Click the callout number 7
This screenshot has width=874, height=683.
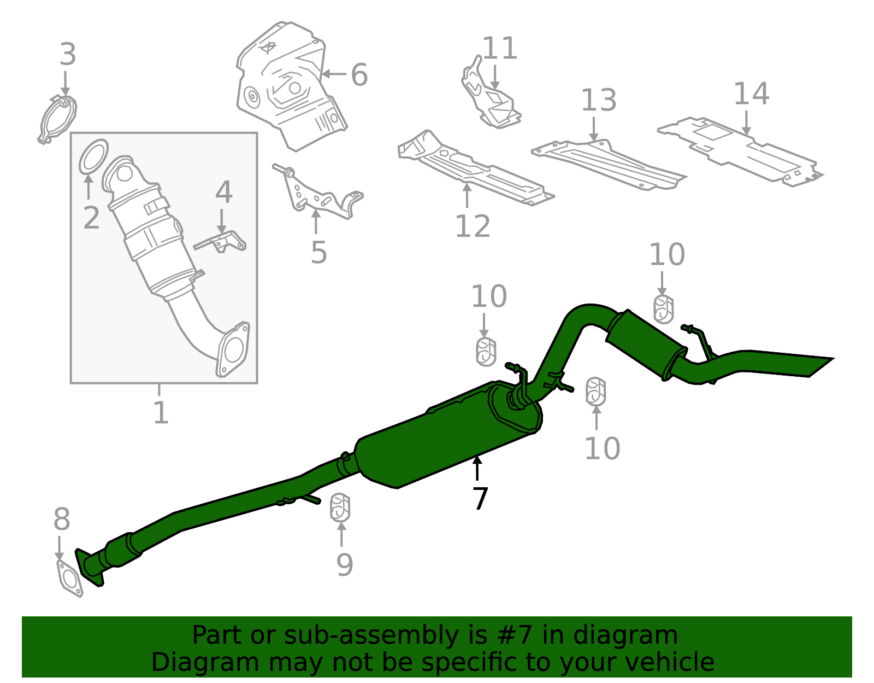click(480, 498)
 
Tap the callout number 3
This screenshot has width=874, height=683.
click(68, 55)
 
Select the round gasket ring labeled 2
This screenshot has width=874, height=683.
click(94, 156)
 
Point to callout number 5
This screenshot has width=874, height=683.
click(318, 252)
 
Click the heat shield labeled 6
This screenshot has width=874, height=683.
click(290, 87)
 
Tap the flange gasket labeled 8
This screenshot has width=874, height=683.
click(69, 579)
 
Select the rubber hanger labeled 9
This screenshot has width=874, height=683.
click(340, 508)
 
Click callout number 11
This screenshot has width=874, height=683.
click(499, 48)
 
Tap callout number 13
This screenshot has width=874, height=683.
click(598, 100)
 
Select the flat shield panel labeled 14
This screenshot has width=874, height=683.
click(743, 150)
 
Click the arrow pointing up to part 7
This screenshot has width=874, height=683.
click(477, 468)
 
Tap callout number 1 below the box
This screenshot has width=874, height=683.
click(160, 413)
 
